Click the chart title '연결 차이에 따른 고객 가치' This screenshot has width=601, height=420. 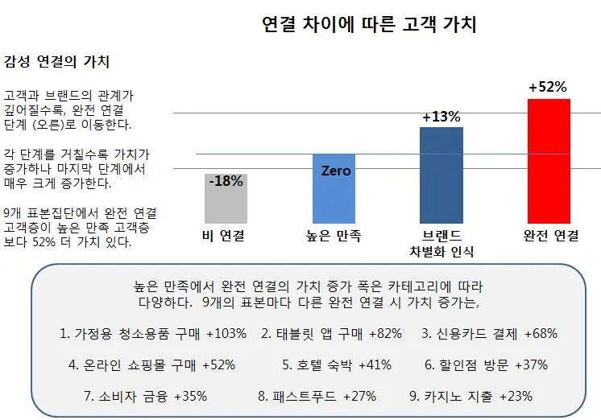pyautogui.click(x=369, y=24)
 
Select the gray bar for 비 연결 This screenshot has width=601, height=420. pyautogui.click(x=226, y=198)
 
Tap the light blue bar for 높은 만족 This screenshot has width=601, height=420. pyautogui.click(x=334, y=189)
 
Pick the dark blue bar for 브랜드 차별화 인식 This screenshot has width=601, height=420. pyautogui.click(x=441, y=175)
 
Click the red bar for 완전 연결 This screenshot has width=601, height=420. pyautogui.click(x=549, y=161)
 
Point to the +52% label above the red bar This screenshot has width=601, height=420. pyautogui.click(x=548, y=87)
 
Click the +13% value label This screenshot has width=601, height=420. pyautogui.click(x=441, y=117)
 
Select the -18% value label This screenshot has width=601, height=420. pyautogui.click(x=226, y=181)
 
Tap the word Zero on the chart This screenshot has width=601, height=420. pyautogui.click(x=336, y=171)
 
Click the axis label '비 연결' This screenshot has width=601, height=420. pyautogui.click(x=223, y=236)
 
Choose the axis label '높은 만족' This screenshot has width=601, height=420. pyautogui.click(x=334, y=236)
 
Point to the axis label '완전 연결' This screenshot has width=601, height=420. pyautogui.click(x=551, y=236)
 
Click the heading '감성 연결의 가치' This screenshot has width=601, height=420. pyautogui.click(x=56, y=62)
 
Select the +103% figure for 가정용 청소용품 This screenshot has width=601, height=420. pyautogui.click(x=226, y=334)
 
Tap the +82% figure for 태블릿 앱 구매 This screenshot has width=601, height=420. pyautogui.click(x=386, y=334)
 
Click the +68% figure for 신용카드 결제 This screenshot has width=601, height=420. pyautogui.click(x=541, y=334)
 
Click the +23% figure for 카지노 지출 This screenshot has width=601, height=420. pyautogui.click(x=516, y=396)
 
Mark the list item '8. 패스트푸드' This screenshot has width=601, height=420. pyautogui.click(x=297, y=396)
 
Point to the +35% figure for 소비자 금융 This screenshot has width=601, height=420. pyautogui.click(x=190, y=396)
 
